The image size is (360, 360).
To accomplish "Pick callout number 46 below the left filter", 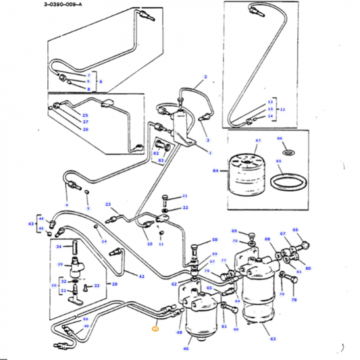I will (186, 349).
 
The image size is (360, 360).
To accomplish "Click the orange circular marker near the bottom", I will (155, 329).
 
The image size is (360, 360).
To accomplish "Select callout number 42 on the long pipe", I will (141, 277).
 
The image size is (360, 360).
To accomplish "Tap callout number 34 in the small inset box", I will (59, 247).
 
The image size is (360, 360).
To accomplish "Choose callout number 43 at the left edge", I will (30, 224).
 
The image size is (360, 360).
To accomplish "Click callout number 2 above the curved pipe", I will (205, 78).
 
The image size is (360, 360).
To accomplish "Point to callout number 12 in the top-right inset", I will (283, 108).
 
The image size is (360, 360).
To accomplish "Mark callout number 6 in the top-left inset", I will (101, 82).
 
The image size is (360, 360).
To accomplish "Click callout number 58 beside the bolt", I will (215, 240).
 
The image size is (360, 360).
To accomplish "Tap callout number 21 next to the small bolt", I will (184, 196).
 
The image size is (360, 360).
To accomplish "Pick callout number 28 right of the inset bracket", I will (114, 284).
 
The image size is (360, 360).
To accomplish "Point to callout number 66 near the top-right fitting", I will (295, 230).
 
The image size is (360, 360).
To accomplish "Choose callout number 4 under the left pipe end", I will (67, 205).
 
